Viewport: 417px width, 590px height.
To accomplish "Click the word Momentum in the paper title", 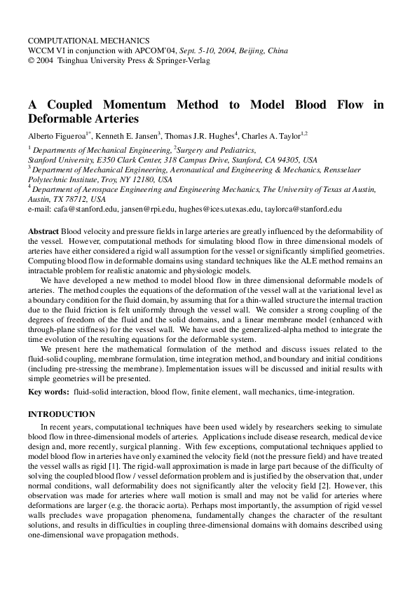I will point(135,105).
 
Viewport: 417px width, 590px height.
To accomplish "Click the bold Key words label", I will point(49,392).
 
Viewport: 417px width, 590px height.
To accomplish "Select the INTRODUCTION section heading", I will point(61,415).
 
